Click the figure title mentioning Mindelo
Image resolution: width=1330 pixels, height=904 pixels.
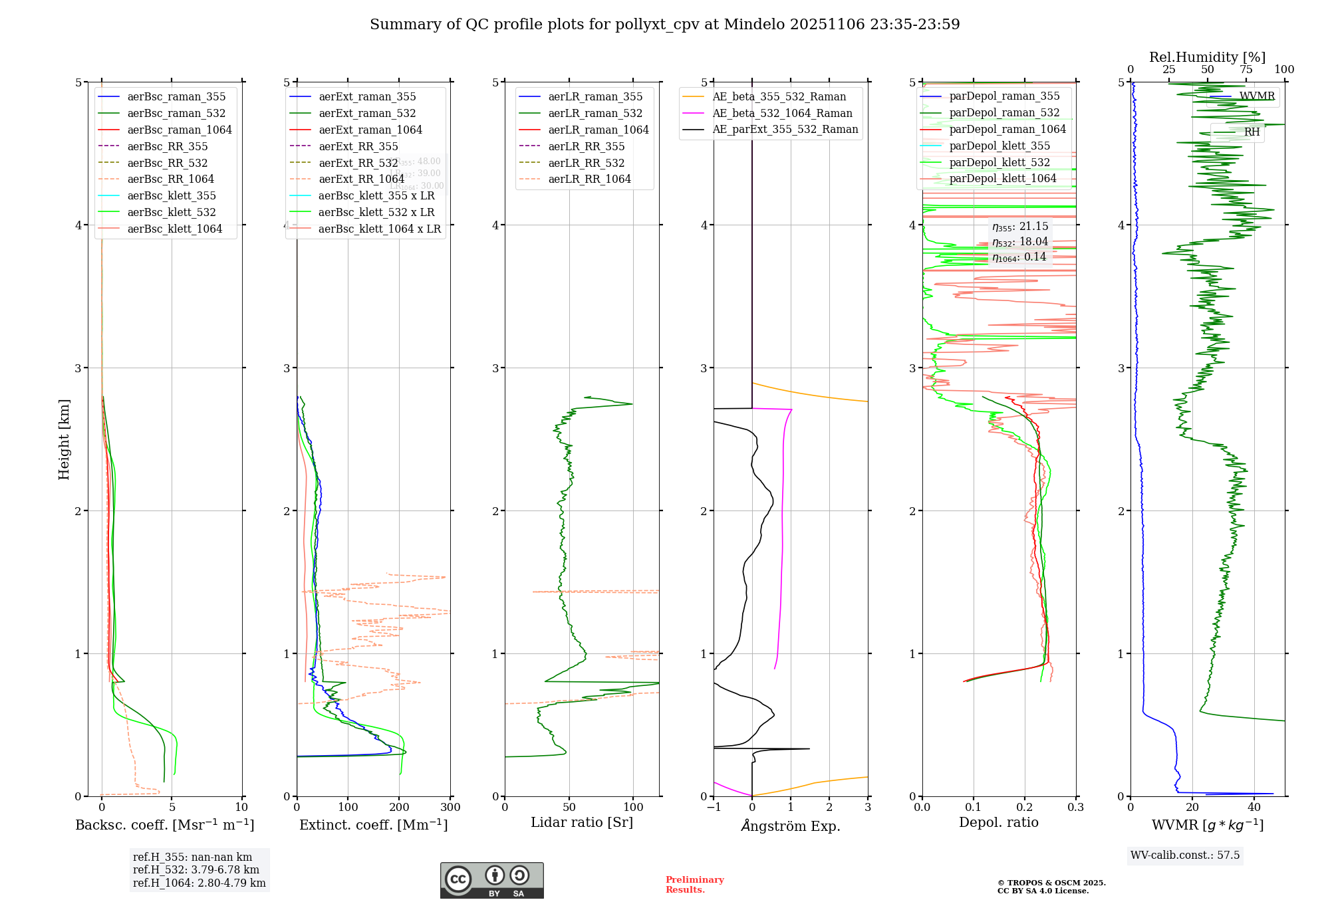pyautogui.click(x=664, y=25)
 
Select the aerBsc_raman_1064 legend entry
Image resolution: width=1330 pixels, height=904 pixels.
pyautogui.click(x=179, y=130)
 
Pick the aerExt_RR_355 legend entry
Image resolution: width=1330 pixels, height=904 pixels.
pyautogui.click(x=358, y=146)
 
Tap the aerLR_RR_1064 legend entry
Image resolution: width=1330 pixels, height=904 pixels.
pyautogui.click(x=589, y=179)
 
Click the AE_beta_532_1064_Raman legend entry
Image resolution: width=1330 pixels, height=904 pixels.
pyautogui.click(x=782, y=113)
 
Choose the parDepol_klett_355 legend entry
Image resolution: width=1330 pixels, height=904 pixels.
pyautogui.click(x=999, y=146)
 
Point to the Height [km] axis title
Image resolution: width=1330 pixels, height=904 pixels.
pyautogui.click(x=64, y=439)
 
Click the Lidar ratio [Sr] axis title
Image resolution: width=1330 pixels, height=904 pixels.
pyautogui.click(x=581, y=822)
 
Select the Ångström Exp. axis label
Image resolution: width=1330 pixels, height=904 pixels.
pyautogui.click(x=790, y=826)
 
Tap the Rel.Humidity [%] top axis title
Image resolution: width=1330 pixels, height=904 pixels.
pyautogui.click(x=1207, y=57)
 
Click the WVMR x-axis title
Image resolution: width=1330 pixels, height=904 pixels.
pyautogui.click(x=1207, y=825)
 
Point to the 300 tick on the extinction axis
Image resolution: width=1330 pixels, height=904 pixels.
pyautogui.click(x=450, y=808)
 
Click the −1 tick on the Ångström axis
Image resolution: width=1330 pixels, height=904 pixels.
pyautogui.click(x=714, y=808)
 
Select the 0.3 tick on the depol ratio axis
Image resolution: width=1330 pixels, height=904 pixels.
pyautogui.click(x=1075, y=808)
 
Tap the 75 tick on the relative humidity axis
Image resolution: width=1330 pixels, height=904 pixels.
pyautogui.click(x=1246, y=70)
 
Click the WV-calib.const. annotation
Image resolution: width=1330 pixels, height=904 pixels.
pyautogui.click(x=1185, y=855)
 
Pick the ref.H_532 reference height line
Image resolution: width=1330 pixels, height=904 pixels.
pyautogui.click(x=196, y=869)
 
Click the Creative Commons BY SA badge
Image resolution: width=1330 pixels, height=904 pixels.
pyautogui.click(x=491, y=880)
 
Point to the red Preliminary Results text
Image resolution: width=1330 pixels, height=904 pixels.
pyautogui.click(x=694, y=884)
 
